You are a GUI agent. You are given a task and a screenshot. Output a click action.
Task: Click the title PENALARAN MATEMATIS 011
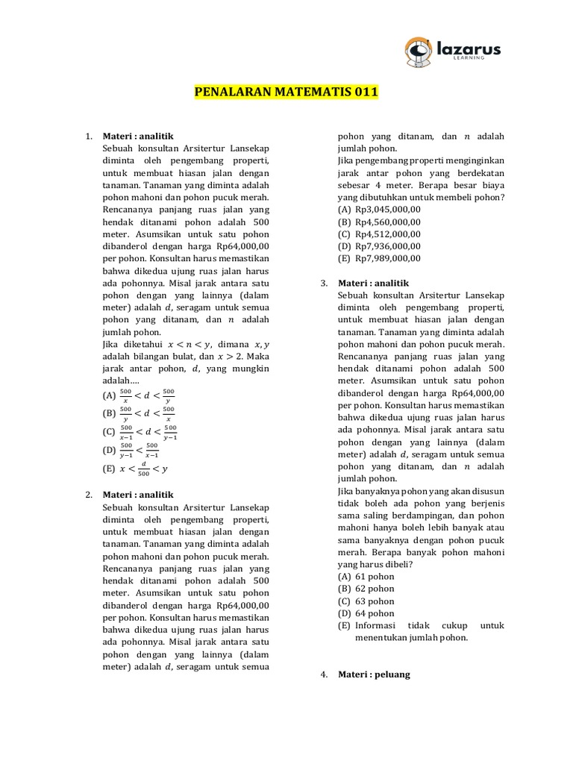click(286, 93)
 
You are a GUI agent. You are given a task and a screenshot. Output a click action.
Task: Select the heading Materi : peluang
click(374, 674)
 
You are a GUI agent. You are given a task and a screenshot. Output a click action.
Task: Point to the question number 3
click(324, 284)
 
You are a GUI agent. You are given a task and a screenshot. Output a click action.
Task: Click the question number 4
click(324, 674)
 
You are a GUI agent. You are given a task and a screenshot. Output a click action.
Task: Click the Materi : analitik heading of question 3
click(374, 284)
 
